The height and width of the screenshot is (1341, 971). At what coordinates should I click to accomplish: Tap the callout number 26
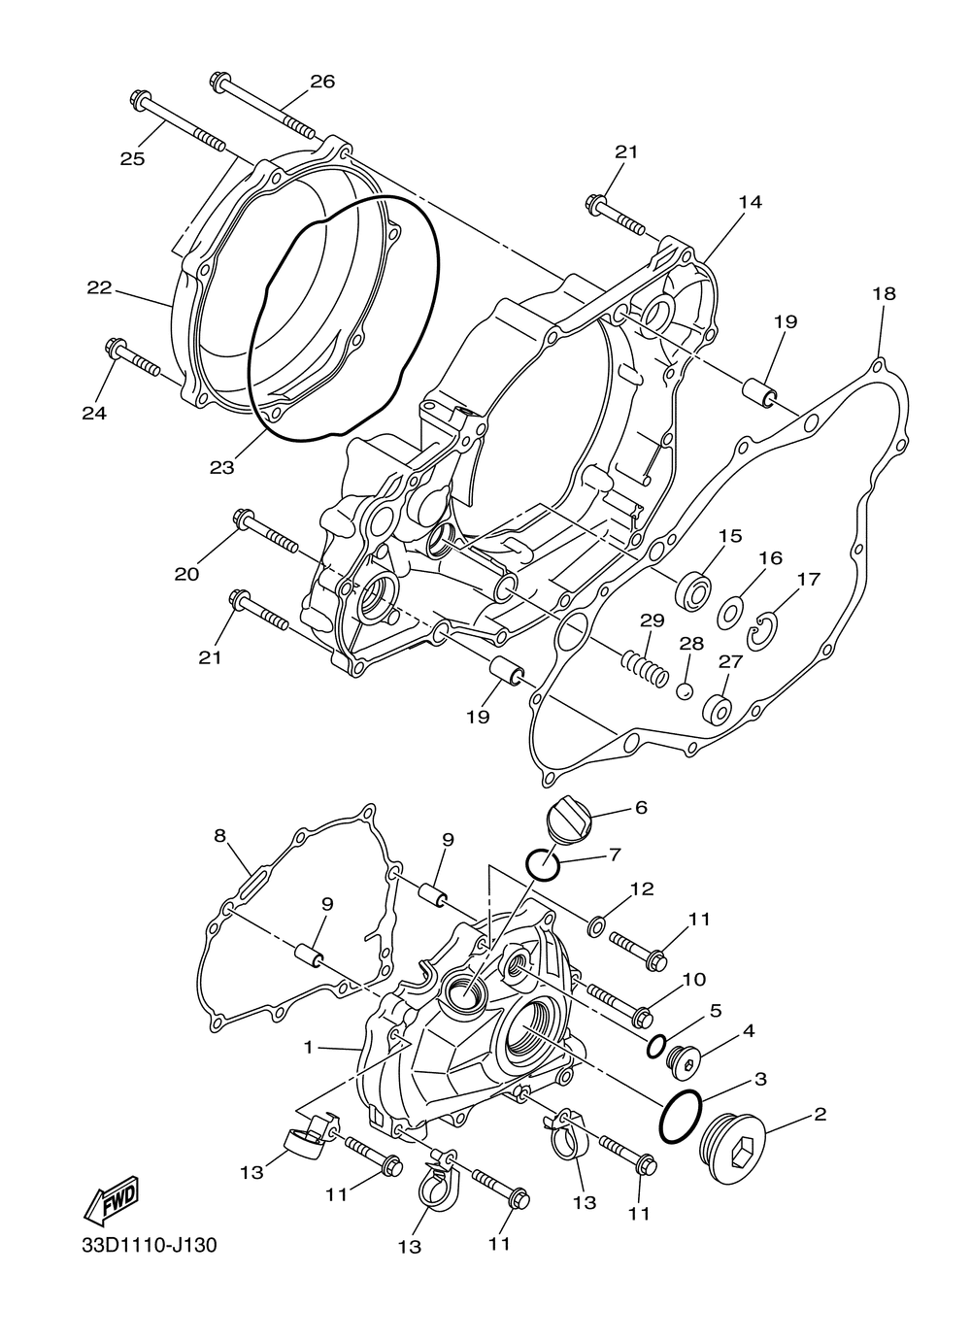pyautogui.click(x=322, y=82)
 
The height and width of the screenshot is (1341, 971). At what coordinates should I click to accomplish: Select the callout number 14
pyautogui.click(x=750, y=202)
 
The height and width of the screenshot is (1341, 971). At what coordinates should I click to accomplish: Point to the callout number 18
pyautogui.click(x=883, y=293)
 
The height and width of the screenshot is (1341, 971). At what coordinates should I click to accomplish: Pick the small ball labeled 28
pyautogui.click(x=686, y=690)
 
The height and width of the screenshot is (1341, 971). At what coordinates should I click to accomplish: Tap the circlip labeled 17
pyautogui.click(x=763, y=633)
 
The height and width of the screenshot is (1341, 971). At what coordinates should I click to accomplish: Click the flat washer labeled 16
pyautogui.click(x=732, y=613)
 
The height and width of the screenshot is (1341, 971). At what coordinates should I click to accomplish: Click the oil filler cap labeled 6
pyautogui.click(x=570, y=821)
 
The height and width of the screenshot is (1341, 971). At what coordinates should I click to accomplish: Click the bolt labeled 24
pyautogui.click(x=132, y=358)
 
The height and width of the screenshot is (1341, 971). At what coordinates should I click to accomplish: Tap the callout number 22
pyautogui.click(x=99, y=288)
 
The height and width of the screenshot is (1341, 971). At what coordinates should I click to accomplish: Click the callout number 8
pyautogui.click(x=220, y=835)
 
